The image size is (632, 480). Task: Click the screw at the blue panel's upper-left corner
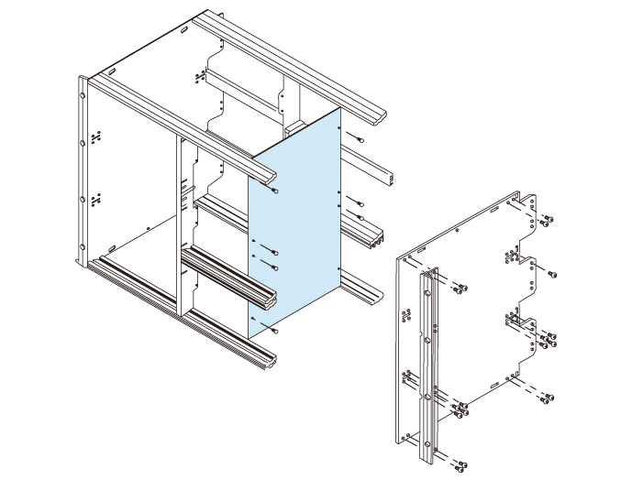[275, 191]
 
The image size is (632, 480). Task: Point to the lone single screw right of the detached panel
[553, 274]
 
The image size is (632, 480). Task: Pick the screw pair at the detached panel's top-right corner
[547, 220]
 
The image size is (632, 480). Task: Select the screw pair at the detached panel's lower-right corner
[548, 398]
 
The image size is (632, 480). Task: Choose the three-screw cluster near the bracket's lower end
[459, 410]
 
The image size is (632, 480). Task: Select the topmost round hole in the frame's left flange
[83, 93]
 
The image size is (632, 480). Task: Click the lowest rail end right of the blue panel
[371, 297]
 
